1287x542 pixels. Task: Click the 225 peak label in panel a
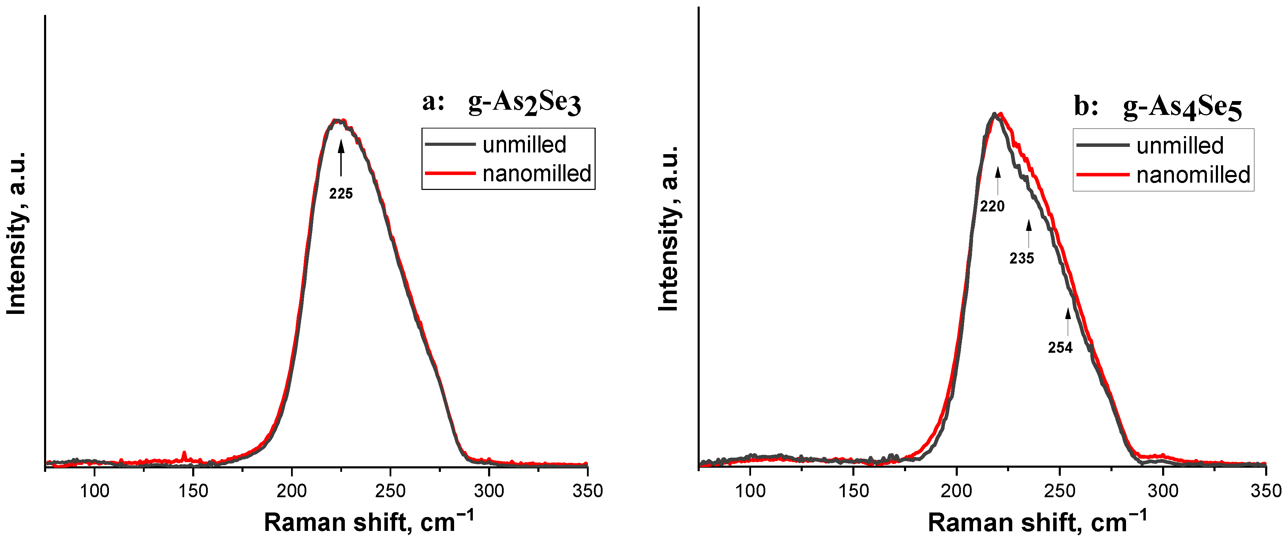341,193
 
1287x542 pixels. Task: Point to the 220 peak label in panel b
992,206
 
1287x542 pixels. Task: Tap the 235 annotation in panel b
1021,258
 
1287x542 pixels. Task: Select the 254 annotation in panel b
1060,348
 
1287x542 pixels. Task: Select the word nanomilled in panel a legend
537,174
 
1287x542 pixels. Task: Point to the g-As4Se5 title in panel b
1182,107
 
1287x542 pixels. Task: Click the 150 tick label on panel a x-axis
193,491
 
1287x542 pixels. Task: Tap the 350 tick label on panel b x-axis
1265,491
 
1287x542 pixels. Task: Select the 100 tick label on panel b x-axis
750,491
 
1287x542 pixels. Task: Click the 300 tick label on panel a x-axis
489,491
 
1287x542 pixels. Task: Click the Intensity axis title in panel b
668,229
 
